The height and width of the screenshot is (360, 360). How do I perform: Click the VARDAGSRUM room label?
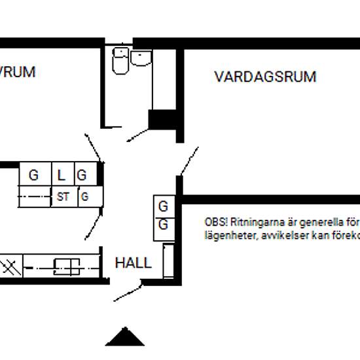[265, 77]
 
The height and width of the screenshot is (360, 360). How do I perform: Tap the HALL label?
[134, 263]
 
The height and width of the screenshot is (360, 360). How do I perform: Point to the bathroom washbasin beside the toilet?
[141, 58]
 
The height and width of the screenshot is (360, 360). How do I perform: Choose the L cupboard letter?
[62, 175]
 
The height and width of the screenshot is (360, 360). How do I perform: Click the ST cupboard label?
[63, 196]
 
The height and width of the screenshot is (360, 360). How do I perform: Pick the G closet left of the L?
[33, 175]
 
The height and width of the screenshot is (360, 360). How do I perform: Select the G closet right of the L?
[82, 175]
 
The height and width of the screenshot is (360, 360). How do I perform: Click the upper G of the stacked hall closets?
[164, 206]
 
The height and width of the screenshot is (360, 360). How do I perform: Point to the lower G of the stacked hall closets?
[164, 225]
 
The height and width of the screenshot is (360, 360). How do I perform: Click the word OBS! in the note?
[216, 222]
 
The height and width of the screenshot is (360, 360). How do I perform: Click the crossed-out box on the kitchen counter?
[10, 266]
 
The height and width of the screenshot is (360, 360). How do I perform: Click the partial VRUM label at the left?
[17, 72]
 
